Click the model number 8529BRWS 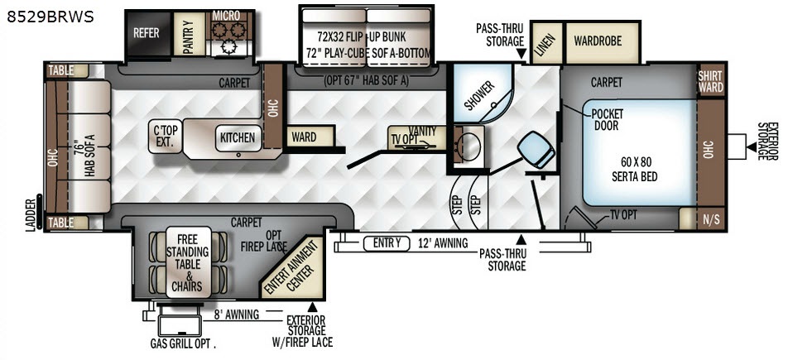[x=50, y=17]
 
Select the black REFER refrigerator [x=147, y=34]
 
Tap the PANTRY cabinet [x=189, y=34]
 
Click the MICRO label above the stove [x=226, y=16]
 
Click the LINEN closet [x=547, y=44]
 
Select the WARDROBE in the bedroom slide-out [x=602, y=42]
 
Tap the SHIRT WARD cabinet [x=710, y=81]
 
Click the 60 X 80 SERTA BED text [x=635, y=169]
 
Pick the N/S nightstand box [x=710, y=218]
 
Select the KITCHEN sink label [x=238, y=137]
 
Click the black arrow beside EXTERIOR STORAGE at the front [x=752, y=146]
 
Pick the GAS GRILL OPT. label [x=183, y=345]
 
